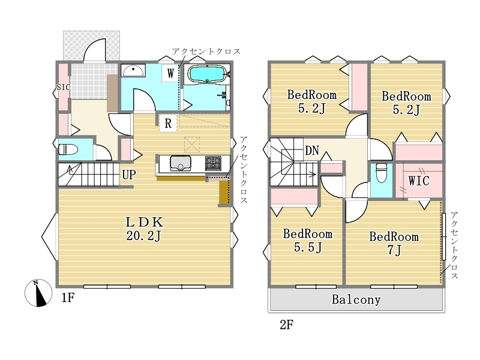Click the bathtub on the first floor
[x=207, y=74]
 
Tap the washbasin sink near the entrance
[x=133, y=70]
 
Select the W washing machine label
[x=170, y=73]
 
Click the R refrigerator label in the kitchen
[x=168, y=124]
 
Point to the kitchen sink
[x=181, y=163]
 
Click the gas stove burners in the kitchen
[x=214, y=163]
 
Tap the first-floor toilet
[x=68, y=149]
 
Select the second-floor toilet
[x=381, y=173]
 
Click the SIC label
[x=63, y=87]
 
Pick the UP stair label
[x=129, y=175]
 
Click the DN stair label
[x=311, y=151]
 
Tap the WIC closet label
[x=419, y=181]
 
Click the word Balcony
[x=356, y=299]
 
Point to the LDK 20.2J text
[x=143, y=229]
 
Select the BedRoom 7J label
[x=394, y=244]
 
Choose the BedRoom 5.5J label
[x=308, y=241]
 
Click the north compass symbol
[x=38, y=293]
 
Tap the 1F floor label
[x=68, y=297]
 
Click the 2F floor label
[x=287, y=325]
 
